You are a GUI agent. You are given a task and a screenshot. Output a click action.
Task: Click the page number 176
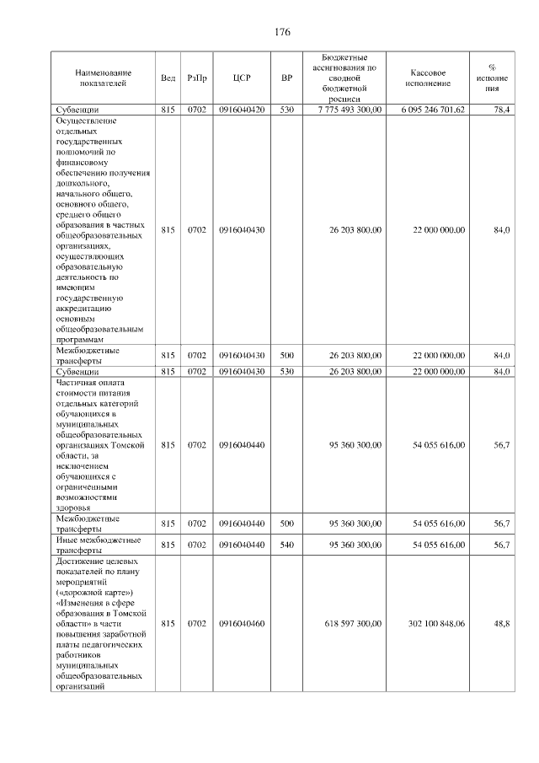[x=282, y=32]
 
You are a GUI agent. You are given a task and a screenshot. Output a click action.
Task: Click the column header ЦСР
[x=242, y=78]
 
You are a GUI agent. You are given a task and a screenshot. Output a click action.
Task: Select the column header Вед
[x=168, y=78]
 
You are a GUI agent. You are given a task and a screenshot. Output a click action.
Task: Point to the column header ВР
[x=286, y=78]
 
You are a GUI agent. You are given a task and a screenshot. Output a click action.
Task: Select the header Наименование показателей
[x=101, y=78]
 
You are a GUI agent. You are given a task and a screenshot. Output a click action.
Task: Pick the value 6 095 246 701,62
[x=433, y=110]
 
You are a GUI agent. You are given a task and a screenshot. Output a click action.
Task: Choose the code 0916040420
[x=242, y=110]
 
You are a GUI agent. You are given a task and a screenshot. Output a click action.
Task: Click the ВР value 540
[x=286, y=545]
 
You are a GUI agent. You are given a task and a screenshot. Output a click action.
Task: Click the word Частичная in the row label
[x=80, y=381]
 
